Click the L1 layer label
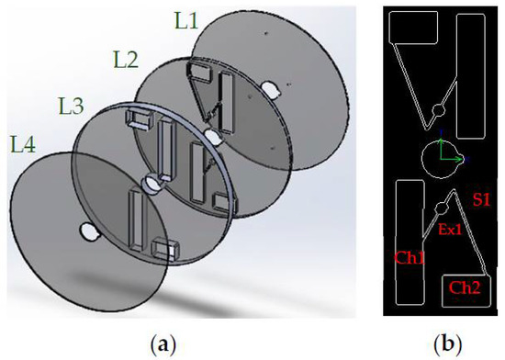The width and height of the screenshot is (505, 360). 187,20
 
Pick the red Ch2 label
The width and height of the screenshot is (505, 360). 465,287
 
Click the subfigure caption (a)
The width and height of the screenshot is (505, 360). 163,344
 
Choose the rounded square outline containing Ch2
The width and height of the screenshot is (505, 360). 465,290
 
